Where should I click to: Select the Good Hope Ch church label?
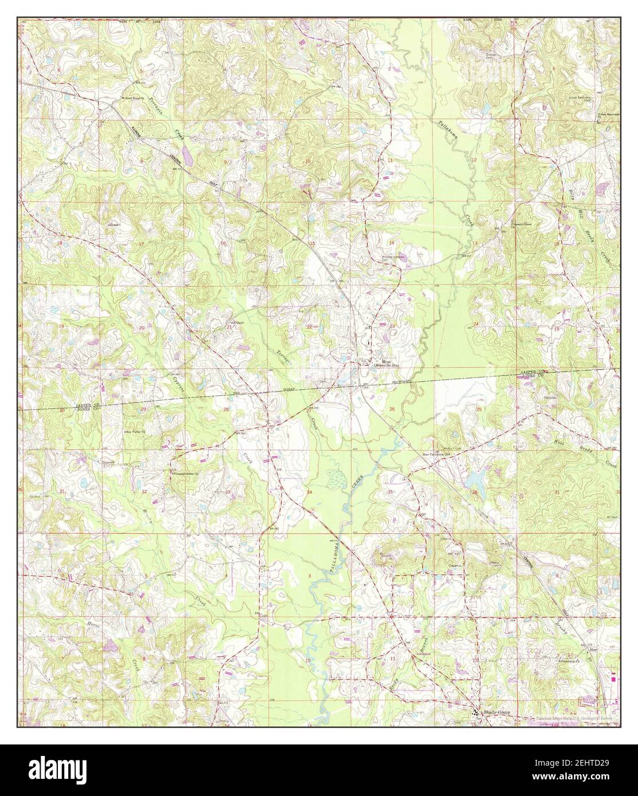click(x=134, y=98)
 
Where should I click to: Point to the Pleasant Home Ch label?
click(x=186, y=474)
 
